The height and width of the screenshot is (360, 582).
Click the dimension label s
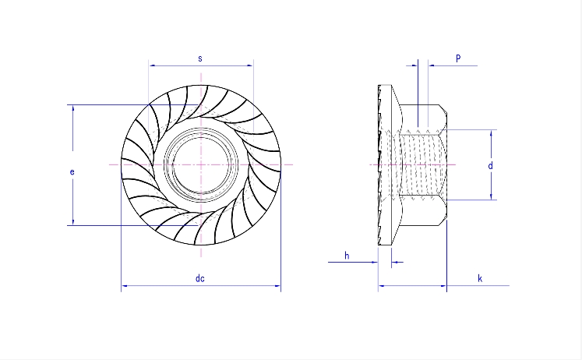(x=200, y=58)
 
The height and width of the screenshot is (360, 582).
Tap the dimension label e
(x=72, y=171)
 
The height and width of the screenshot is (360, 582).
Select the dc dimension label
(x=200, y=279)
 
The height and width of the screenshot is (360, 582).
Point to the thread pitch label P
(x=458, y=58)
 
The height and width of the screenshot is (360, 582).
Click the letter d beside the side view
(x=489, y=166)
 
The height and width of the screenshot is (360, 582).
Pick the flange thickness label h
(x=347, y=255)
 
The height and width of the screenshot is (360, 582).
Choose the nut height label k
(x=480, y=278)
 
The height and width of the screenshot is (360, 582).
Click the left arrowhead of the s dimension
(x=151, y=65)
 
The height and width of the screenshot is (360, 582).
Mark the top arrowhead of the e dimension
(x=73, y=108)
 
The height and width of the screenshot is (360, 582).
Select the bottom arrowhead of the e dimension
(x=73, y=223)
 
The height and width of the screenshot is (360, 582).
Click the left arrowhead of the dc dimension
(x=125, y=287)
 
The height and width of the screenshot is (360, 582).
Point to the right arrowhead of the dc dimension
(x=277, y=287)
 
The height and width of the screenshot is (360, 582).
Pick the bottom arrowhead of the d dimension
(x=492, y=197)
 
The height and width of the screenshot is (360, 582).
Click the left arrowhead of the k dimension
(x=381, y=286)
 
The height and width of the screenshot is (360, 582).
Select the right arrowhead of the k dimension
(x=444, y=286)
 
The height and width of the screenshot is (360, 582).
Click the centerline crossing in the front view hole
(x=201, y=165)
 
